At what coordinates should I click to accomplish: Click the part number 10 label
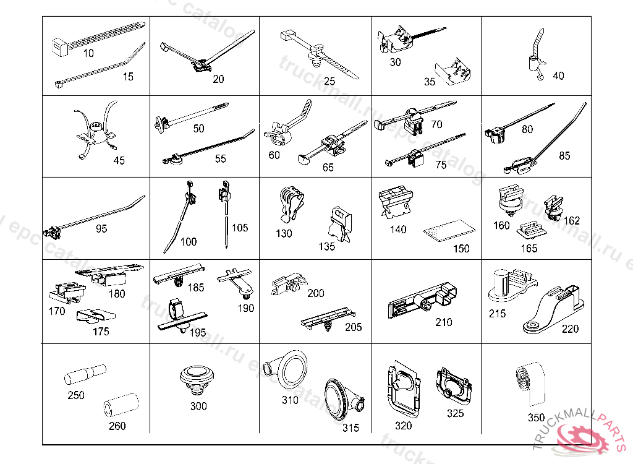[88, 53]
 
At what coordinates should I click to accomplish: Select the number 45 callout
[119, 160]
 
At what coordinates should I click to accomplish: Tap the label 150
[461, 249]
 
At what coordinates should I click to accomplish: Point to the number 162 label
[572, 220]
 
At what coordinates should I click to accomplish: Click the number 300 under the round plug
[198, 406]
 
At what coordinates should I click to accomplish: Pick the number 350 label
[536, 418]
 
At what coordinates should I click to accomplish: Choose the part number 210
[443, 322]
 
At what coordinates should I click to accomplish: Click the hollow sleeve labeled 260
[119, 406]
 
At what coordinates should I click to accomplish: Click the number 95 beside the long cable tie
[101, 229]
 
